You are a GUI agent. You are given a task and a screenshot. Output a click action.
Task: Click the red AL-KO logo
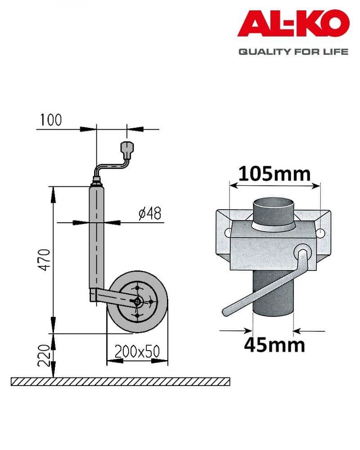pos(293,23)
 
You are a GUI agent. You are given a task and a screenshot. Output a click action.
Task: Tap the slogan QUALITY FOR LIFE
pos(293,52)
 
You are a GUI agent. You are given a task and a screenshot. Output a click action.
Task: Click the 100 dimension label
pos(51,120)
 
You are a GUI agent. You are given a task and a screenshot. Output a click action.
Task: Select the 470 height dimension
pos(45,260)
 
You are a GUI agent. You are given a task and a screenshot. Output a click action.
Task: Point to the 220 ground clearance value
pos(44,356)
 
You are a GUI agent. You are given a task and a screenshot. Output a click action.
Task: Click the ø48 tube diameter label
pos(149,213)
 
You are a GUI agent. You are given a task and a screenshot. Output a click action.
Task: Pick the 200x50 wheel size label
pos(137,351)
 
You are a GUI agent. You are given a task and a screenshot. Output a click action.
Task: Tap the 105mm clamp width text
pos(274,174)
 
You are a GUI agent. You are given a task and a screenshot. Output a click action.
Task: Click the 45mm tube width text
pos(274,345)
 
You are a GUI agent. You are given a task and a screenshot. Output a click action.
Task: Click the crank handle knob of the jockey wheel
pos(126,148)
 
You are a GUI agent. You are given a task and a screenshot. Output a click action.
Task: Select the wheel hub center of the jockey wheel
pos(138,301)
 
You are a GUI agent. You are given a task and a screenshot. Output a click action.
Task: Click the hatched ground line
pos(121,382)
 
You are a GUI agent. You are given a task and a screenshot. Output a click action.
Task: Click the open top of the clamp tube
pos(273,203)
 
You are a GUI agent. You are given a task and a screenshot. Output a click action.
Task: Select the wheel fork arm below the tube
pos(113,297)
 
